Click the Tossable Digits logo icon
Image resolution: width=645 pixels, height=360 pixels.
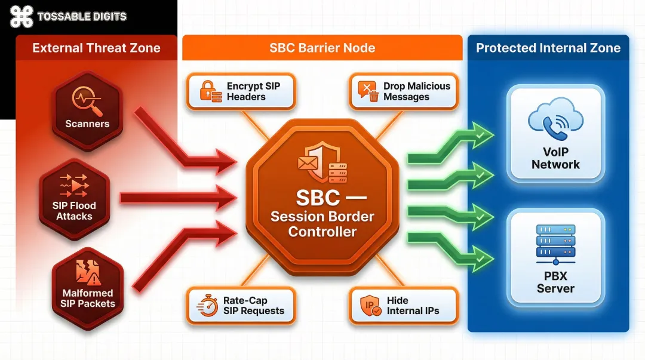(x=21, y=16)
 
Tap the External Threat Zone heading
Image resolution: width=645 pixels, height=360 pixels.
(x=96, y=48)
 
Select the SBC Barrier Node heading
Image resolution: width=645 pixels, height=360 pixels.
(x=322, y=48)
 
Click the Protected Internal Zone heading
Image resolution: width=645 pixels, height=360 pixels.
(x=548, y=48)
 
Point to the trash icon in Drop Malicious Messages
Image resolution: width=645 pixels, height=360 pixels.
(x=374, y=96)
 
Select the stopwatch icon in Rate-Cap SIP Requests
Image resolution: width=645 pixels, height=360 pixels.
(x=207, y=306)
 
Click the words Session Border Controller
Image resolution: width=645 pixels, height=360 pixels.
(x=322, y=224)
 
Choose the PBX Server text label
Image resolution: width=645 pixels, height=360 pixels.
(x=555, y=282)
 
